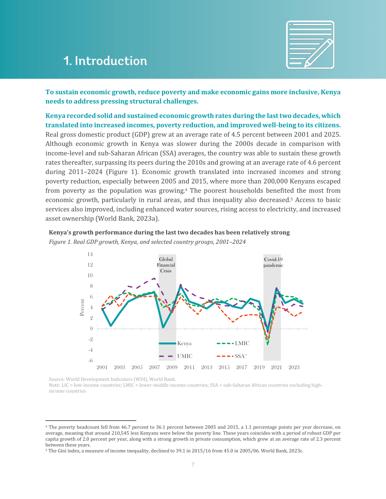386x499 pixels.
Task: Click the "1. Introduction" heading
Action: coord(105,61)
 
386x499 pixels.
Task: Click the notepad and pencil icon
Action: coord(310,44)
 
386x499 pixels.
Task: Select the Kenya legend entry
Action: coord(175,344)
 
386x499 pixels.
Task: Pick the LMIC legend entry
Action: coord(233,344)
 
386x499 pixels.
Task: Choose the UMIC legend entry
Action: coord(176,356)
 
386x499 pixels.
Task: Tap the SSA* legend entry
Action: coord(232,356)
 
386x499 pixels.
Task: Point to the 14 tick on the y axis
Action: coord(90,254)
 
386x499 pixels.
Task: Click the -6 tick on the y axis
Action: coord(91,361)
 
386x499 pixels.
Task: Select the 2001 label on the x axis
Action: coord(102,367)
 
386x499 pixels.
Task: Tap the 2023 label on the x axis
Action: coord(294,367)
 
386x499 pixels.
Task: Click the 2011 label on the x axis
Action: coord(189,367)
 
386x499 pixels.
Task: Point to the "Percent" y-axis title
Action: coord(82,308)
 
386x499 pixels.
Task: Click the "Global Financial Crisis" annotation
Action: coord(166,265)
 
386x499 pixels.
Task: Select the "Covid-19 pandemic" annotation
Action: coord(273,262)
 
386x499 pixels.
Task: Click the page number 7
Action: coord(193,465)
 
